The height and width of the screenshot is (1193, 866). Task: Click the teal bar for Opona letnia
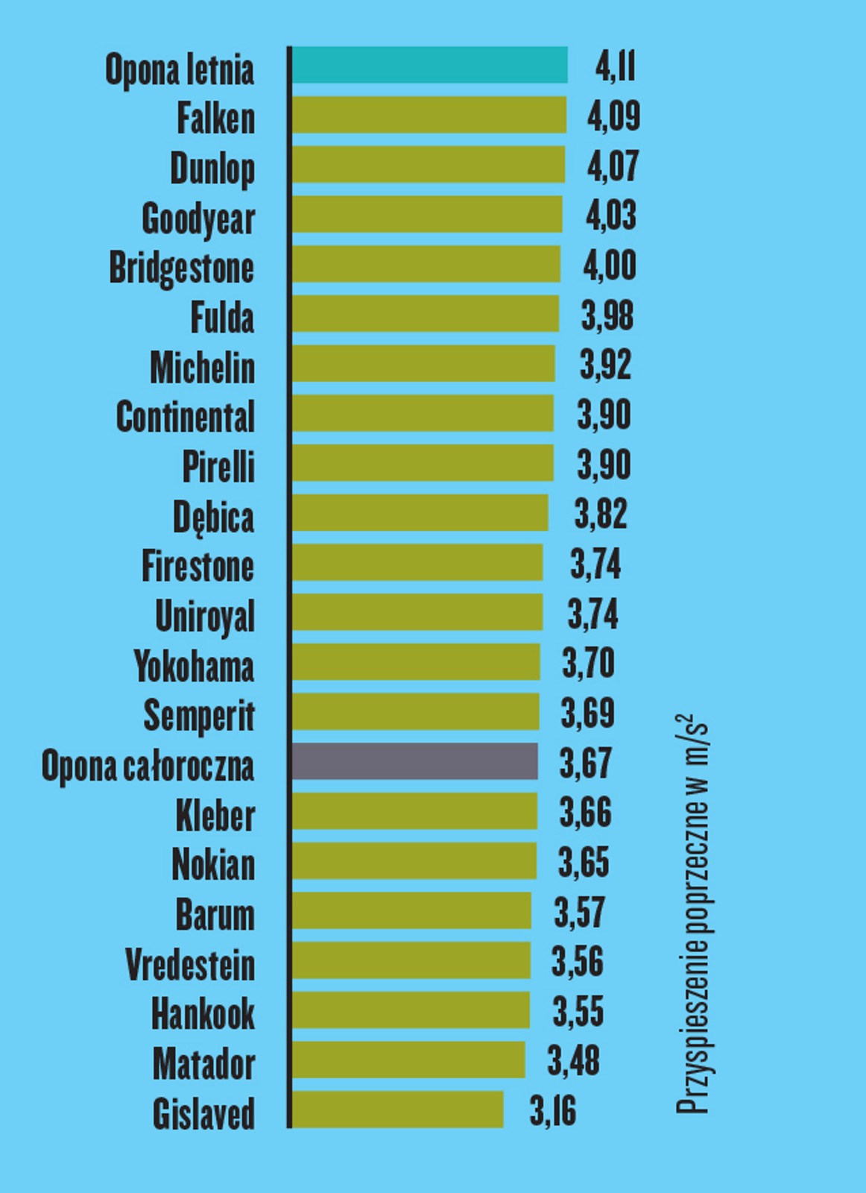click(x=429, y=65)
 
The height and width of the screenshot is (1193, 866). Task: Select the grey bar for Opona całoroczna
click(x=414, y=761)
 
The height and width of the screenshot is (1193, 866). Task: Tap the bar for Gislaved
click(x=397, y=1109)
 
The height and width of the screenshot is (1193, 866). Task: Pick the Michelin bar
click(x=423, y=364)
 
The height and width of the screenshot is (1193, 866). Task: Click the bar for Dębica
click(x=420, y=513)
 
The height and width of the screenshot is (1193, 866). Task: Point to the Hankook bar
click(x=411, y=1010)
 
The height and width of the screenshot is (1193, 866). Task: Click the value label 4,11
click(x=615, y=66)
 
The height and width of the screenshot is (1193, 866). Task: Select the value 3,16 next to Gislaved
click(x=553, y=1111)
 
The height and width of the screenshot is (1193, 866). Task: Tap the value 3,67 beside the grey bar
click(x=586, y=763)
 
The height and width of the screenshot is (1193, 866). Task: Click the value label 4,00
click(x=610, y=265)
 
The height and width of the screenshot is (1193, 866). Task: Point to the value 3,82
click(x=601, y=514)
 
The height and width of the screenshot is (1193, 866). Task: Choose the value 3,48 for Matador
click(x=573, y=1060)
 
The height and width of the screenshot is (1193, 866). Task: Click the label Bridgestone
click(x=182, y=268)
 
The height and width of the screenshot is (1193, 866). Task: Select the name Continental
click(x=186, y=416)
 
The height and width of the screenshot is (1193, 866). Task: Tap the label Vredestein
click(x=190, y=964)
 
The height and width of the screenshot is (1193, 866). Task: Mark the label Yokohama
click(x=194, y=666)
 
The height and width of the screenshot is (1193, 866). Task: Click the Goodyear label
click(x=198, y=218)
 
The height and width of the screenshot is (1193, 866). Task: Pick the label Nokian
click(x=213, y=864)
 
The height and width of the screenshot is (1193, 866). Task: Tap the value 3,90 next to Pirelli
click(x=604, y=464)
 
